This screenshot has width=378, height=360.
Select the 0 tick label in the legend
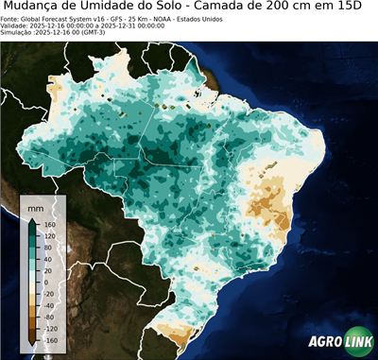(44, 282)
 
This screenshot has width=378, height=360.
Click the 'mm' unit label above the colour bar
(35, 205)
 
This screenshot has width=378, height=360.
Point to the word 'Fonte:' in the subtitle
(11, 18)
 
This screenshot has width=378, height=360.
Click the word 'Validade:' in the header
(15, 26)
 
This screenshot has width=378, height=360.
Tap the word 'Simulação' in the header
(16, 33)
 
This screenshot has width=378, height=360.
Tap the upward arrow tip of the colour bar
(32, 218)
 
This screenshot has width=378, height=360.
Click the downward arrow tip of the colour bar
(32, 344)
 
